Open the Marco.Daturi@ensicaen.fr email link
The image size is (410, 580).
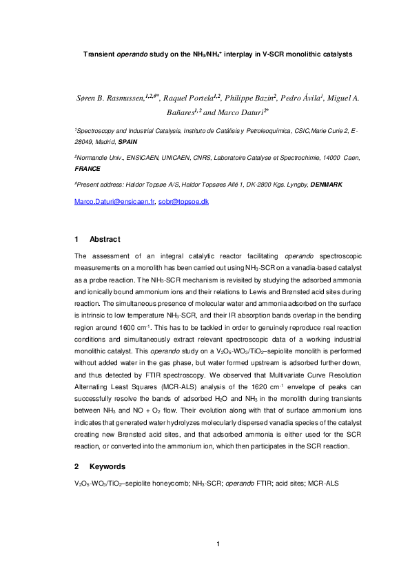tap(114, 201)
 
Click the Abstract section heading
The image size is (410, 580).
tap(105, 240)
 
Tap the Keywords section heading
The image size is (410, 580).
tap(107, 466)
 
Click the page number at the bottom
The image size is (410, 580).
tap(218, 545)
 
